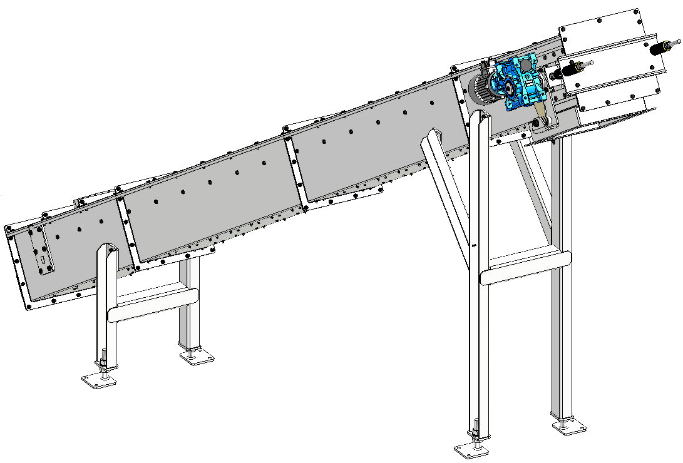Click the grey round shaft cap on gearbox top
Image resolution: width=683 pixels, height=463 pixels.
coord(525,64)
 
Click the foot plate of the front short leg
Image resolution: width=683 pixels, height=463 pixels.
coord(99,380)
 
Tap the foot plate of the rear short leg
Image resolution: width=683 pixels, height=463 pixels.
coord(196,358)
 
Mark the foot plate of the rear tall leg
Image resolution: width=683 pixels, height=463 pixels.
coord(568,427)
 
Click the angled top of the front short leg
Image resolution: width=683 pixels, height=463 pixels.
coord(106,253)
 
